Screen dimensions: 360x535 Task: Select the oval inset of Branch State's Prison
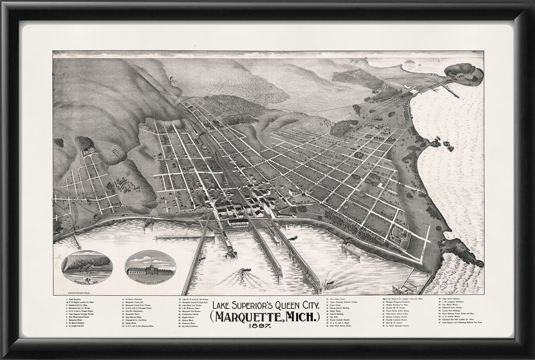click(150, 266)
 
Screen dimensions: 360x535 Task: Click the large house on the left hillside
click(89, 150)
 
